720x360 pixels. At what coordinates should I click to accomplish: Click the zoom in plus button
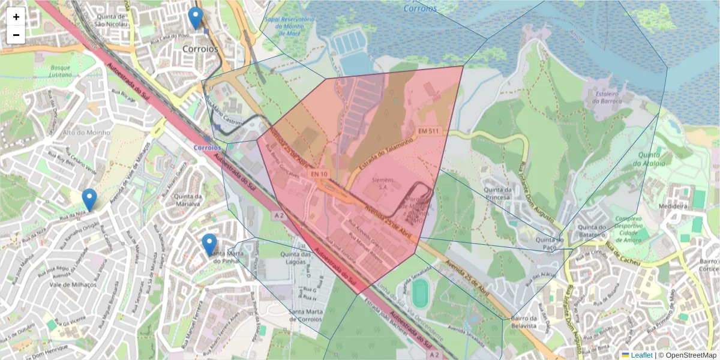click(16, 17)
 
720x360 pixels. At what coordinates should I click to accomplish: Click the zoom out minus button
click(16, 35)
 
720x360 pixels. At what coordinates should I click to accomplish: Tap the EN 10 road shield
click(319, 174)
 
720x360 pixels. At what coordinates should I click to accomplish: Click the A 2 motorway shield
click(278, 215)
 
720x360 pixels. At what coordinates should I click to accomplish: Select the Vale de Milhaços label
click(73, 284)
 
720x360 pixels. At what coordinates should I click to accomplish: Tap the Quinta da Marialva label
click(186, 200)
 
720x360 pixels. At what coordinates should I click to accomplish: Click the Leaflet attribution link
click(641, 355)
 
